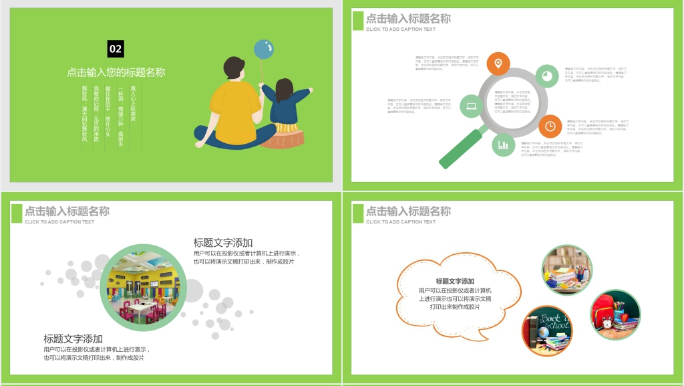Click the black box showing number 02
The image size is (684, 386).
(x=116, y=49)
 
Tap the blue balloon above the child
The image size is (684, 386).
(x=263, y=49)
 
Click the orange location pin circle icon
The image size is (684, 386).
(x=498, y=64)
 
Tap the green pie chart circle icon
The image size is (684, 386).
(x=547, y=76)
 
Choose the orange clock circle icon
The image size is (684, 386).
(x=550, y=125)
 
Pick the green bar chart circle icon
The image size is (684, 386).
(x=504, y=144)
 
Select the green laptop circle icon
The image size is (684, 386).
(x=472, y=106)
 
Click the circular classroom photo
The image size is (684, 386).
(x=143, y=288)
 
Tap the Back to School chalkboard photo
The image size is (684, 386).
(x=547, y=330)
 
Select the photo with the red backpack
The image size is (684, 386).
(x=615, y=314)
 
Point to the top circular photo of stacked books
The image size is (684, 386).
(x=566, y=270)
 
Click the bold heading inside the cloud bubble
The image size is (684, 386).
(x=455, y=282)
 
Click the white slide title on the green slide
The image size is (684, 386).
(x=116, y=72)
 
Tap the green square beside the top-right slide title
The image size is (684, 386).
(x=358, y=21)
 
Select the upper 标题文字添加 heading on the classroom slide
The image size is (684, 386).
(x=223, y=243)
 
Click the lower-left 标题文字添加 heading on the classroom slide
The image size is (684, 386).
(x=73, y=339)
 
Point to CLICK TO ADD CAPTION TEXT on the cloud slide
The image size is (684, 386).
(x=400, y=222)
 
